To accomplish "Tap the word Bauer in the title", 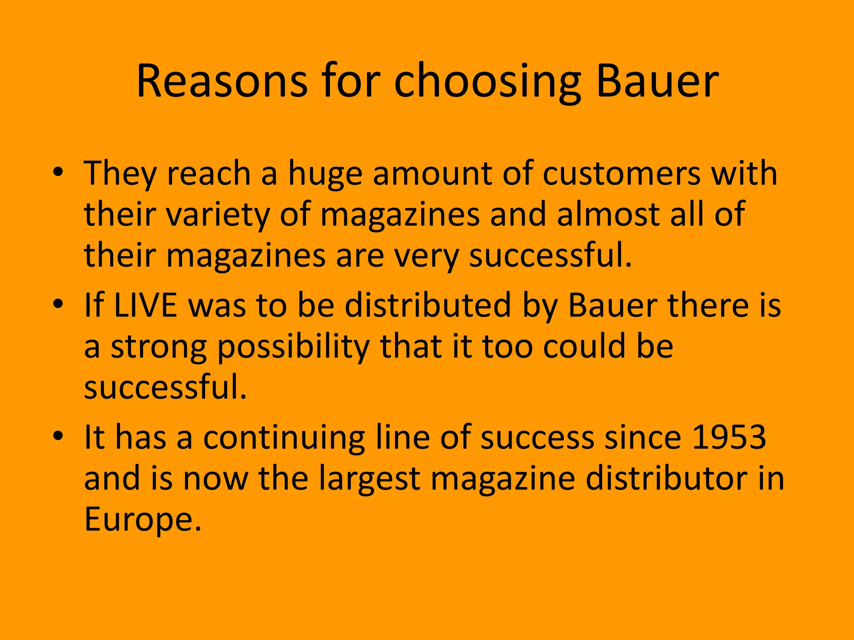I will pyautogui.click(x=657, y=81).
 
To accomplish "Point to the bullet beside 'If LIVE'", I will pyautogui.click(x=58, y=305).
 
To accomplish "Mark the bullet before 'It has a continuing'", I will pyautogui.click(x=58, y=436).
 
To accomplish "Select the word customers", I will pyautogui.click(x=621, y=174).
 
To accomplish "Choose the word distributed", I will pyautogui.click(x=428, y=305).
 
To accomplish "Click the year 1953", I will pyautogui.click(x=729, y=437).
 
